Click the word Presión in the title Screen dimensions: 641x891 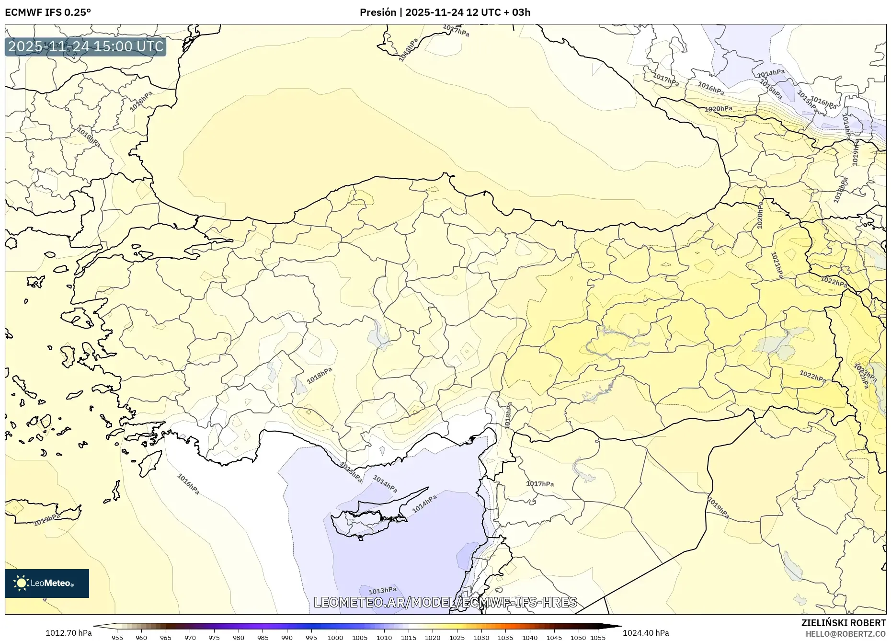click(x=378, y=12)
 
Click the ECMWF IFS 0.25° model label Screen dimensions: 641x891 click(x=48, y=12)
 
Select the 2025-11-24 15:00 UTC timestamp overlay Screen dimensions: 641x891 click(x=86, y=46)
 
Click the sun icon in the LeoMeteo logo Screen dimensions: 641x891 click(x=21, y=583)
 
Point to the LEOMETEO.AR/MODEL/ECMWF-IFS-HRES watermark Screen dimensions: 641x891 click(x=445, y=602)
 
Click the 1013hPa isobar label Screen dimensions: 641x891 click(x=382, y=590)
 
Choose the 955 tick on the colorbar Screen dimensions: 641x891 click(x=117, y=638)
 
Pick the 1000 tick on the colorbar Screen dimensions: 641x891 click(x=335, y=638)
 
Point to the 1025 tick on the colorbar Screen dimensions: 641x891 click(x=457, y=638)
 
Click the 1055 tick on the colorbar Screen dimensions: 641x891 click(x=598, y=638)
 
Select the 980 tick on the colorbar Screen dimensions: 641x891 click(x=238, y=638)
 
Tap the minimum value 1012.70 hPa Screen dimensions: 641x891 click(x=68, y=633)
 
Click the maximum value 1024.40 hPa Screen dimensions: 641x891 click(x=645, y=633)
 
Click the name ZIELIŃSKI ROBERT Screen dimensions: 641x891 click(x=843, y=623)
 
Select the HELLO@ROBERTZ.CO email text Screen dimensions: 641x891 click(x=845, y=634)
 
